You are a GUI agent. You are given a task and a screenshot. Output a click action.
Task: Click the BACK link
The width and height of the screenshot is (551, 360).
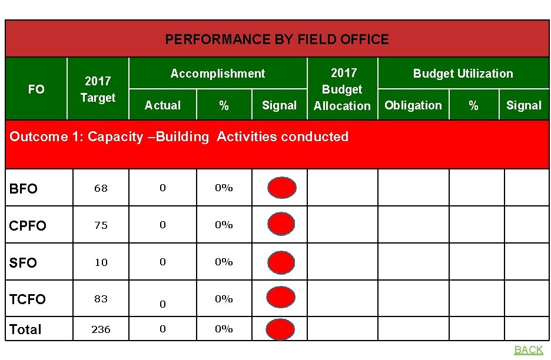click(x=528, y=350)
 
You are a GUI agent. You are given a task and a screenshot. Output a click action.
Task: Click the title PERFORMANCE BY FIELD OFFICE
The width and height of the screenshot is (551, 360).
click(x=277, y=39)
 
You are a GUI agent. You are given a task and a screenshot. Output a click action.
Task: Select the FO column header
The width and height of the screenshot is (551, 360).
click(x=36, y=89)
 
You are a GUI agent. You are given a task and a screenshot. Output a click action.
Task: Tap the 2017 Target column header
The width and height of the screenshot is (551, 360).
click(x=98, y=89)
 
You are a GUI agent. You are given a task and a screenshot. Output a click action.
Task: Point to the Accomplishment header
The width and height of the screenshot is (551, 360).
click(x=217, y=74)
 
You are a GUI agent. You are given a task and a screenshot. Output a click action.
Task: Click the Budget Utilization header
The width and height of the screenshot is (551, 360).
click(x=463, y=74)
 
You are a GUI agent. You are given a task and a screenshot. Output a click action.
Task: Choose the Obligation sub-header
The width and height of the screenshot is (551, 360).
click(x=413, y=105)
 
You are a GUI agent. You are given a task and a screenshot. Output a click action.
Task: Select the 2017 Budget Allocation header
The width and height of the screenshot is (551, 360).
click(x=342, y=89)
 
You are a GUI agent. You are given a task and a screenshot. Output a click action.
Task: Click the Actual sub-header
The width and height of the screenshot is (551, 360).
click(x=162, y=105)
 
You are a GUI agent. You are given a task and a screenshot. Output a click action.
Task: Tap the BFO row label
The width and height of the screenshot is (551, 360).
click(x=24, y=189)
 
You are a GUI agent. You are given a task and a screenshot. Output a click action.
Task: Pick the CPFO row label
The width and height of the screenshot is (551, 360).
click(x=28, y=226)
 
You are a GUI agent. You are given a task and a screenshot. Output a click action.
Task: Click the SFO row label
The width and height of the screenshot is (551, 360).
click(x=23, y=263)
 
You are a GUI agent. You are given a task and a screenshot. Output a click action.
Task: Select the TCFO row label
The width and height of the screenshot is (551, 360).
click(x=28, y=299)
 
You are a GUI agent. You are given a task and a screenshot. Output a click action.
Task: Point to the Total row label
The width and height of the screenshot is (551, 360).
click(x=25, y=329)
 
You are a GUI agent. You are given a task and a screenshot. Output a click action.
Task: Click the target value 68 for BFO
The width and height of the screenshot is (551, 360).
click(x=101, y=188)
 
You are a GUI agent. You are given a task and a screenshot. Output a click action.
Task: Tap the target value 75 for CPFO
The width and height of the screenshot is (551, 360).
click(x=101, y=225)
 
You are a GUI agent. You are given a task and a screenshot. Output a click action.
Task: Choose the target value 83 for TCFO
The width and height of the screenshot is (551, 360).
click(x=101, y=299)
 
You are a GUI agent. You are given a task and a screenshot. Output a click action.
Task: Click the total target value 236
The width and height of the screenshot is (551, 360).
click(x=101, y=329)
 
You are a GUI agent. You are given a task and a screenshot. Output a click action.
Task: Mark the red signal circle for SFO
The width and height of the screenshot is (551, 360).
click(x=281, y=262)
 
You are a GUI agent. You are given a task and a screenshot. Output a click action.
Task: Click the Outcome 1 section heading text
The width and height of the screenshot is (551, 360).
click(x=179, y=136)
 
